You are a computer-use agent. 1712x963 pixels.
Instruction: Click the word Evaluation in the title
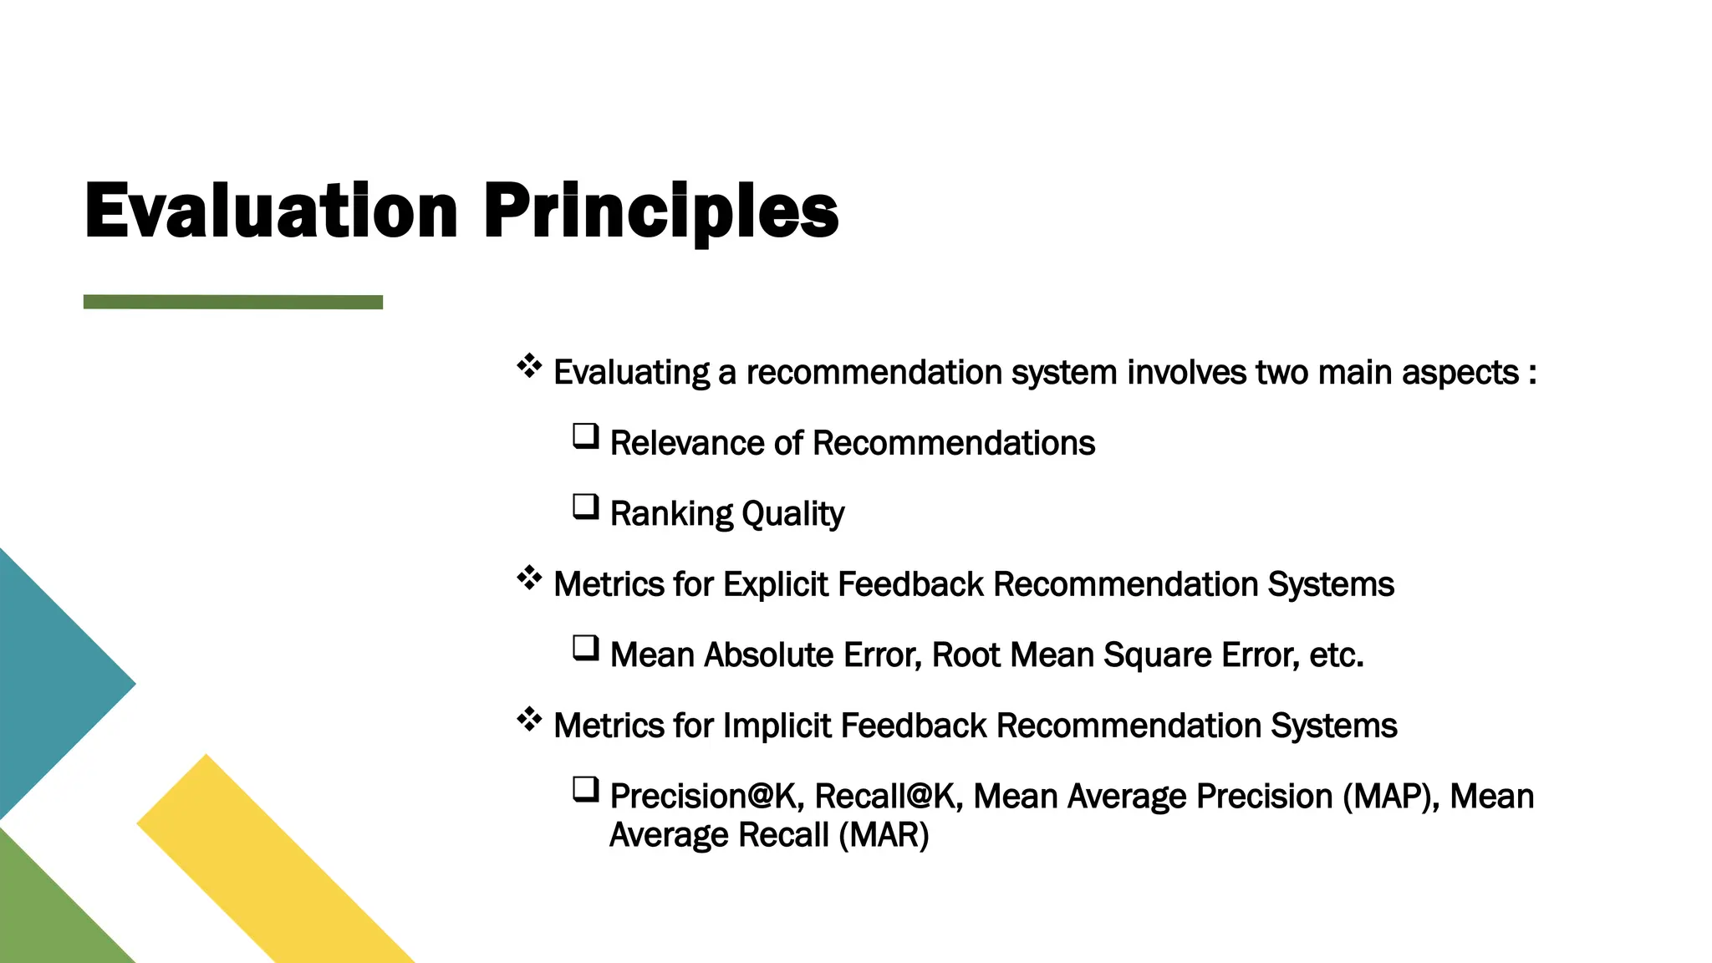coord(271,211)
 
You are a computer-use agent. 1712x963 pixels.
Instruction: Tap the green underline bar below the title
coord(233,302)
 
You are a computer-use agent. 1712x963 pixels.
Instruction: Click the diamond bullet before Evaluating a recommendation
coord(529,366)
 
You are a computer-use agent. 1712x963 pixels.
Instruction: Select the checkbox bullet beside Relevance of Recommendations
coord(585,436)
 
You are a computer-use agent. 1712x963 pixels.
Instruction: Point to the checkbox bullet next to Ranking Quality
coord(585,507)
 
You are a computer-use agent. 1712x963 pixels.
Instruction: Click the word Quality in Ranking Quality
coord(792,513)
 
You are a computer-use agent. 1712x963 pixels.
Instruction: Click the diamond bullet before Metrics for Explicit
coord(529,578)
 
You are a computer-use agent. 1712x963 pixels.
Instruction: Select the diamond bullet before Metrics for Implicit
coord(529,719)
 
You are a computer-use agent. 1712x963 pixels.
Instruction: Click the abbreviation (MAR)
coord(884,835)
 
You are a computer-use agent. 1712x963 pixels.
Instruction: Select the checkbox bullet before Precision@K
coord(585,789)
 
